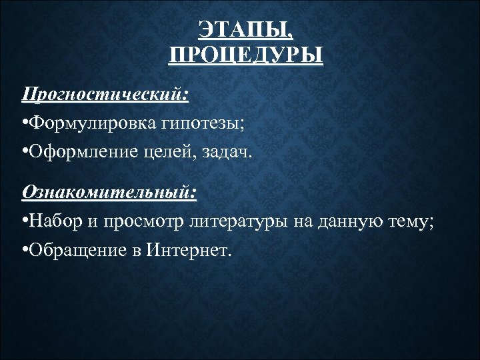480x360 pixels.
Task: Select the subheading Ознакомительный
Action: coord(109,192)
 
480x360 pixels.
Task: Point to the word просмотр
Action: coord(143,222)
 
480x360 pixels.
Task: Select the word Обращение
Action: coord(77,251)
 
